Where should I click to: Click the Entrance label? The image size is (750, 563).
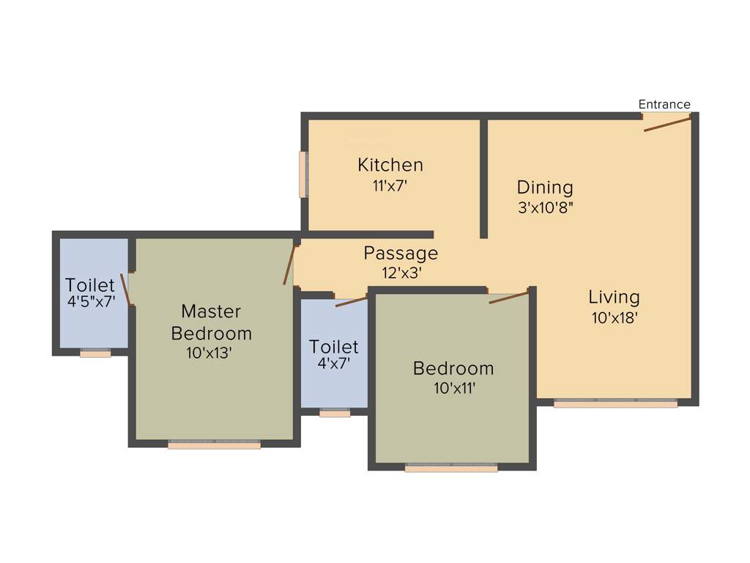point(664,104)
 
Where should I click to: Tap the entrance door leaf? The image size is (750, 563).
point(667,124)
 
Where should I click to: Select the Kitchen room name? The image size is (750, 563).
point(390,165)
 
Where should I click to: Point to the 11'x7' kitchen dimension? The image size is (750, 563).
point(390,185)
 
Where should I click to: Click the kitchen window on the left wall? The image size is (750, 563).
point(302,174)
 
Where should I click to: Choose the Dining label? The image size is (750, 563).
point(545,187)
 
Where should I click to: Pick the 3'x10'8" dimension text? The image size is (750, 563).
point(545,207)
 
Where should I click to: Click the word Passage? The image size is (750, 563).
point(401,254)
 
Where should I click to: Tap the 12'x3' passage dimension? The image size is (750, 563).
point(401,273)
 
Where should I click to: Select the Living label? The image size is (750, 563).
point(614,297)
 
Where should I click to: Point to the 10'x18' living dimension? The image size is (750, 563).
point(615,317)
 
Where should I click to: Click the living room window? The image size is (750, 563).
point(615,402)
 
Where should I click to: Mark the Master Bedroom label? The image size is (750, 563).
point(211,322)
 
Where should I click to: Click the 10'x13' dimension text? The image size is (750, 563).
point(209,353)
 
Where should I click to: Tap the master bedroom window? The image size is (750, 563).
point(214,444)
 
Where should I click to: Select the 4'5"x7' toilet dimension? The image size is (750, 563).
point(90,301)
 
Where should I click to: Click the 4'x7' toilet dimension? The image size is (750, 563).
point(333,362)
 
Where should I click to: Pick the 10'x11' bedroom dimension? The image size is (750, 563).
point(454,388)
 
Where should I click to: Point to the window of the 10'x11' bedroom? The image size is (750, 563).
point(451,467)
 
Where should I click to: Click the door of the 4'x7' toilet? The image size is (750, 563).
point(351,301)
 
